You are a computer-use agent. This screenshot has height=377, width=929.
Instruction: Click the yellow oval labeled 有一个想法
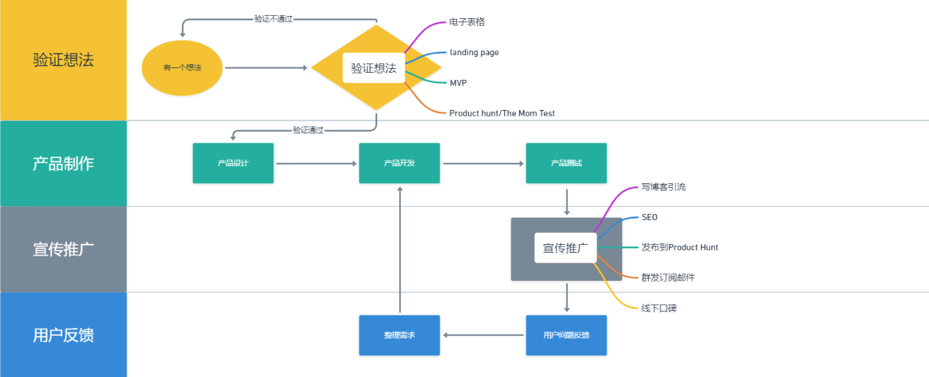[182, 67]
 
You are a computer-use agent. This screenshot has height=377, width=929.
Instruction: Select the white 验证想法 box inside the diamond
[373, 68]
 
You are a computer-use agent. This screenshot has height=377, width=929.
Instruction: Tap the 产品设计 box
[233, 163]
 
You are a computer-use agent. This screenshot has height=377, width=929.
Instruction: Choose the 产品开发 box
[399, 163]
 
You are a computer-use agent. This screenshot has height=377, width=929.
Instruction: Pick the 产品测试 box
[566, 163]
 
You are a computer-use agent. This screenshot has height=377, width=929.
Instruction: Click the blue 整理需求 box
[399, 335]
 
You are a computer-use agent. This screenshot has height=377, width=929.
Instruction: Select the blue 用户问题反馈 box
[566, 335]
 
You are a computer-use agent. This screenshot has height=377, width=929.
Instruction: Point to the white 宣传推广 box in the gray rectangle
[566, 248]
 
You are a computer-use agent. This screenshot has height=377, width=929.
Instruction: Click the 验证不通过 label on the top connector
[273, 19]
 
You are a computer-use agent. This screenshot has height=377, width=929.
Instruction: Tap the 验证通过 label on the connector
[308, 130]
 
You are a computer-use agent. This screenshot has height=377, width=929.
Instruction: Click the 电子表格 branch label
[467, 22]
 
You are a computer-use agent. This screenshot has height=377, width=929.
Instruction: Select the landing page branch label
[474, 52]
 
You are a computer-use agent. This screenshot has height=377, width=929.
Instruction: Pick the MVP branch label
[458, 83]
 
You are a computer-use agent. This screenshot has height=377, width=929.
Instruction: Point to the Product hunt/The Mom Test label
[501, 113]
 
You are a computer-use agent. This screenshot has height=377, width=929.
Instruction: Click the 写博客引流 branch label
[663, 187]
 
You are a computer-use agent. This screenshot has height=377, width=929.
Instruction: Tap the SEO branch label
[649, 217]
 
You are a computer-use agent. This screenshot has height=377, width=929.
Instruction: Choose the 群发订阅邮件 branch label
[668, 278]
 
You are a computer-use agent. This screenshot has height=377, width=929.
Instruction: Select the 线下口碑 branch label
[659, 308]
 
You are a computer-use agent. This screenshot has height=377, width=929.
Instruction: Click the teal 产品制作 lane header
[64, 164]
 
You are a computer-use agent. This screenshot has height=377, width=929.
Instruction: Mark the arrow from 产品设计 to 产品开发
[316, 164]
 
